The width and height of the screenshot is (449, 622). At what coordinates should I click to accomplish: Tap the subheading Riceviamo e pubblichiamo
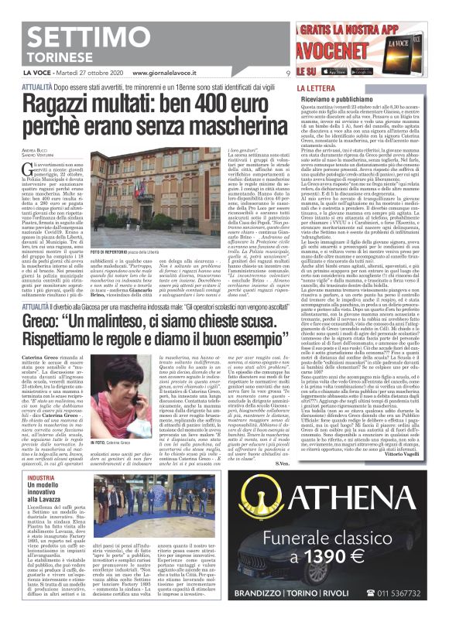pos(340,99)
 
